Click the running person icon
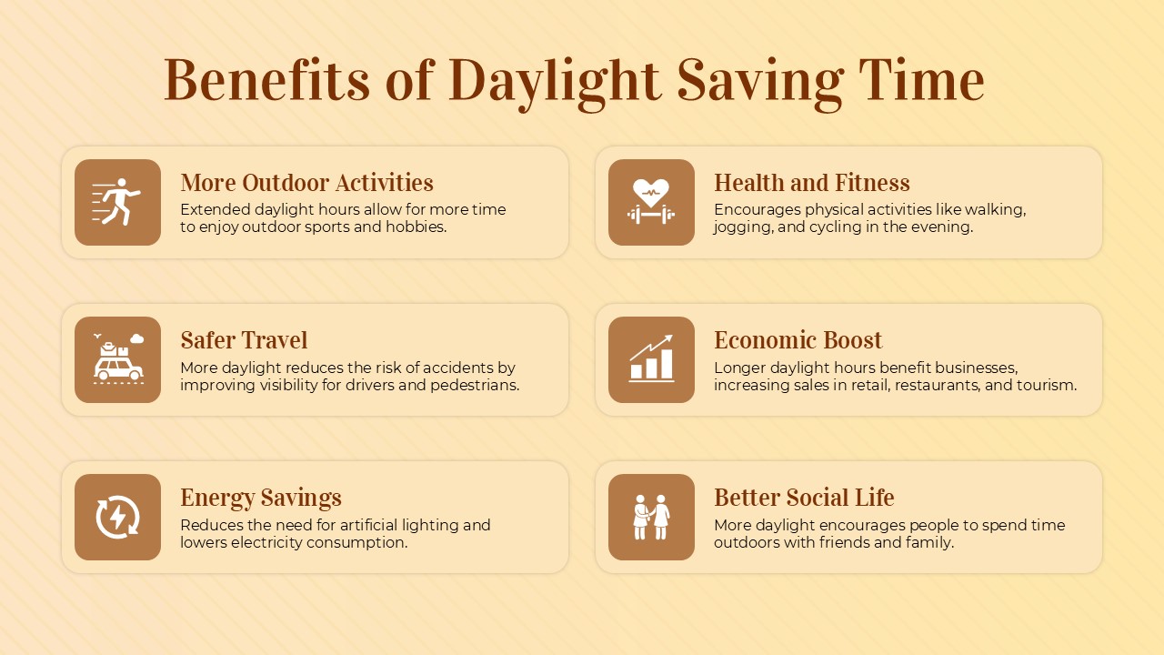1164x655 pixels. pos(117,202)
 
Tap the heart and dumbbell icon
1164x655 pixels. pos(651,202)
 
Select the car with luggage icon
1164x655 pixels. pos(117,359)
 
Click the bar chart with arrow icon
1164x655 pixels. pos(651,359)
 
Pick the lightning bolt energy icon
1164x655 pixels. pos(117,517)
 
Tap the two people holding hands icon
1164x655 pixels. pos(651,517)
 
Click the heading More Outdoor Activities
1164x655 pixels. pos(306,183)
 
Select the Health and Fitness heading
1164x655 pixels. pos(811,183)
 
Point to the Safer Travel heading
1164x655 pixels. pos(244,340)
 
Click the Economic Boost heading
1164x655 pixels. pos(798,340)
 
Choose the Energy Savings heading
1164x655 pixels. pos(260,498)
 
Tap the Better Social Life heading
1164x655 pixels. pos(804,498)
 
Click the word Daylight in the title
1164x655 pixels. pos(555,80)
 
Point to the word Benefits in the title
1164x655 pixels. pos(267,80)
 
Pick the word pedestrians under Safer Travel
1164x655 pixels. pos(477,385)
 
